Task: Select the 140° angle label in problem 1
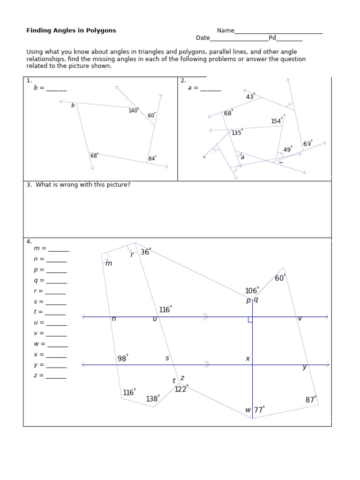pos(134,111)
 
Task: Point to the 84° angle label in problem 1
pos(152,158)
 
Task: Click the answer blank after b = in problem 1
pos(56,89)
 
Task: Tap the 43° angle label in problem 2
pos(250,97)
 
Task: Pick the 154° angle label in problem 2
pos(277,121)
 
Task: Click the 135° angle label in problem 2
pos(237,133)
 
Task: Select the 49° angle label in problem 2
pos(288,150)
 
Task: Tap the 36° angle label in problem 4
pos(145,252)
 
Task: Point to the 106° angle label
pos(252,291)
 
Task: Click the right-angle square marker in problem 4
pos(250,320)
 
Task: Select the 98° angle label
pos(123,359)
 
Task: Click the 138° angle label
pos(152,399)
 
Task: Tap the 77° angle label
pos(259,410)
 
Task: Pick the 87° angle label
pos(311,400)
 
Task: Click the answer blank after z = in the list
pos(56,377)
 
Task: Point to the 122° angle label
pos(181,389)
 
